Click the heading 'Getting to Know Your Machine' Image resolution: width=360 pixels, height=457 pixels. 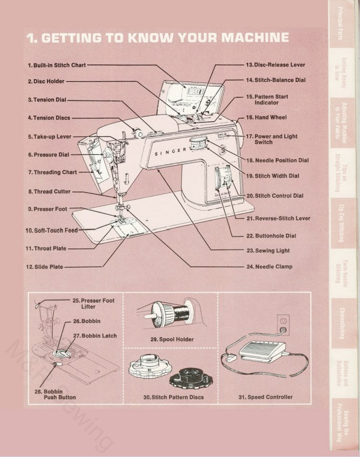(157, 38)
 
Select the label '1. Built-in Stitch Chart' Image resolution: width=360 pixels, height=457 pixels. (56, 65)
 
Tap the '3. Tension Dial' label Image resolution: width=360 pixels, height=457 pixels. (47, 99)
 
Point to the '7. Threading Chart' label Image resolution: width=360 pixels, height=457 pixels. (52, 172)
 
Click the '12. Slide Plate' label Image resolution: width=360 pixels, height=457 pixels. (45, 267)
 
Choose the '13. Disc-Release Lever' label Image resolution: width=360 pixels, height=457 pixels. (275, 65)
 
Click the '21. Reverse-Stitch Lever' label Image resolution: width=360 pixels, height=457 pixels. (278, 218)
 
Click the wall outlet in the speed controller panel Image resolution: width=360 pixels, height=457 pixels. (283, 322)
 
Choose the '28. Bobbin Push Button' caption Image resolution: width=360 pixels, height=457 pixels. (55, 394)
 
